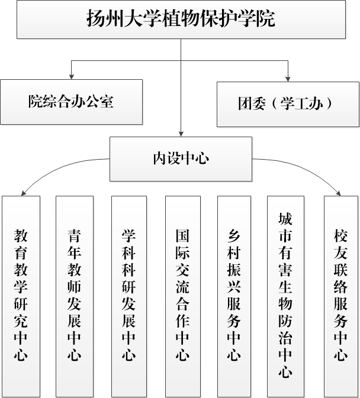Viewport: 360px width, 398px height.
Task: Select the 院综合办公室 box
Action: [71, 101]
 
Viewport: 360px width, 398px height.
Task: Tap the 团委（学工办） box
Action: [288, 104]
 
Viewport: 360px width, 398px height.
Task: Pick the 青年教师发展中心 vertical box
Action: [74, 296]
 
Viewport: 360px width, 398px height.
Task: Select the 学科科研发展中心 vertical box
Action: [128, 296]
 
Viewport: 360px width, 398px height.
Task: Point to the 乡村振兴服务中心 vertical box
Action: [234, 296]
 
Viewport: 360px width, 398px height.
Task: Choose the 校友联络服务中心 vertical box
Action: [340, 296]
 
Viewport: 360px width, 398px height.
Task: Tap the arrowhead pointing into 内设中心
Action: [180, 134]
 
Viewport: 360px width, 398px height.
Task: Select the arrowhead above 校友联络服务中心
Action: [338, 192]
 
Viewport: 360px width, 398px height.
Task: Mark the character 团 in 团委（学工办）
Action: [244, 104]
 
